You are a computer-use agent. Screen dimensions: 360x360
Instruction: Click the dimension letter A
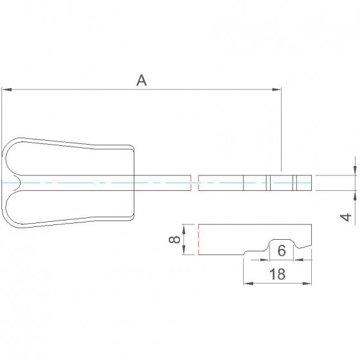pyautogui.click(x=141, y=80)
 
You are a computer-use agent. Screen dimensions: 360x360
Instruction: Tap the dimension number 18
pyautogui.click(x=277, y=274)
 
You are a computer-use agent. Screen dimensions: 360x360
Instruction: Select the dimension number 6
pyautogui.click(x=282, y=251)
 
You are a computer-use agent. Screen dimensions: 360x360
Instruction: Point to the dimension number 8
pyautogui.click(x=174, y=239)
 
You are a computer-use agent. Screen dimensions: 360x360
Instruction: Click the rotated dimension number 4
pyautogui.click(x=346, y=217)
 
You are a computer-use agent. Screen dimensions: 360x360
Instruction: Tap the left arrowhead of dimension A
pyautogui.click(x=6, y=89)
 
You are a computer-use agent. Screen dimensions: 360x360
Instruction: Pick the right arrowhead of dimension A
pyautogui.click(x=276, y=89)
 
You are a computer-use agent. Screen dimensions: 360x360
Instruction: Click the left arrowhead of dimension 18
pyautogui.click(x=248, y=283)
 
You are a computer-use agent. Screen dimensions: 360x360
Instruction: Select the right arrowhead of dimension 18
pyautogui.click(x=307, y=283)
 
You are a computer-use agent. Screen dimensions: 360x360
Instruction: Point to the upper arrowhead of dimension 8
pyautogui.click(x=184, y=229)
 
